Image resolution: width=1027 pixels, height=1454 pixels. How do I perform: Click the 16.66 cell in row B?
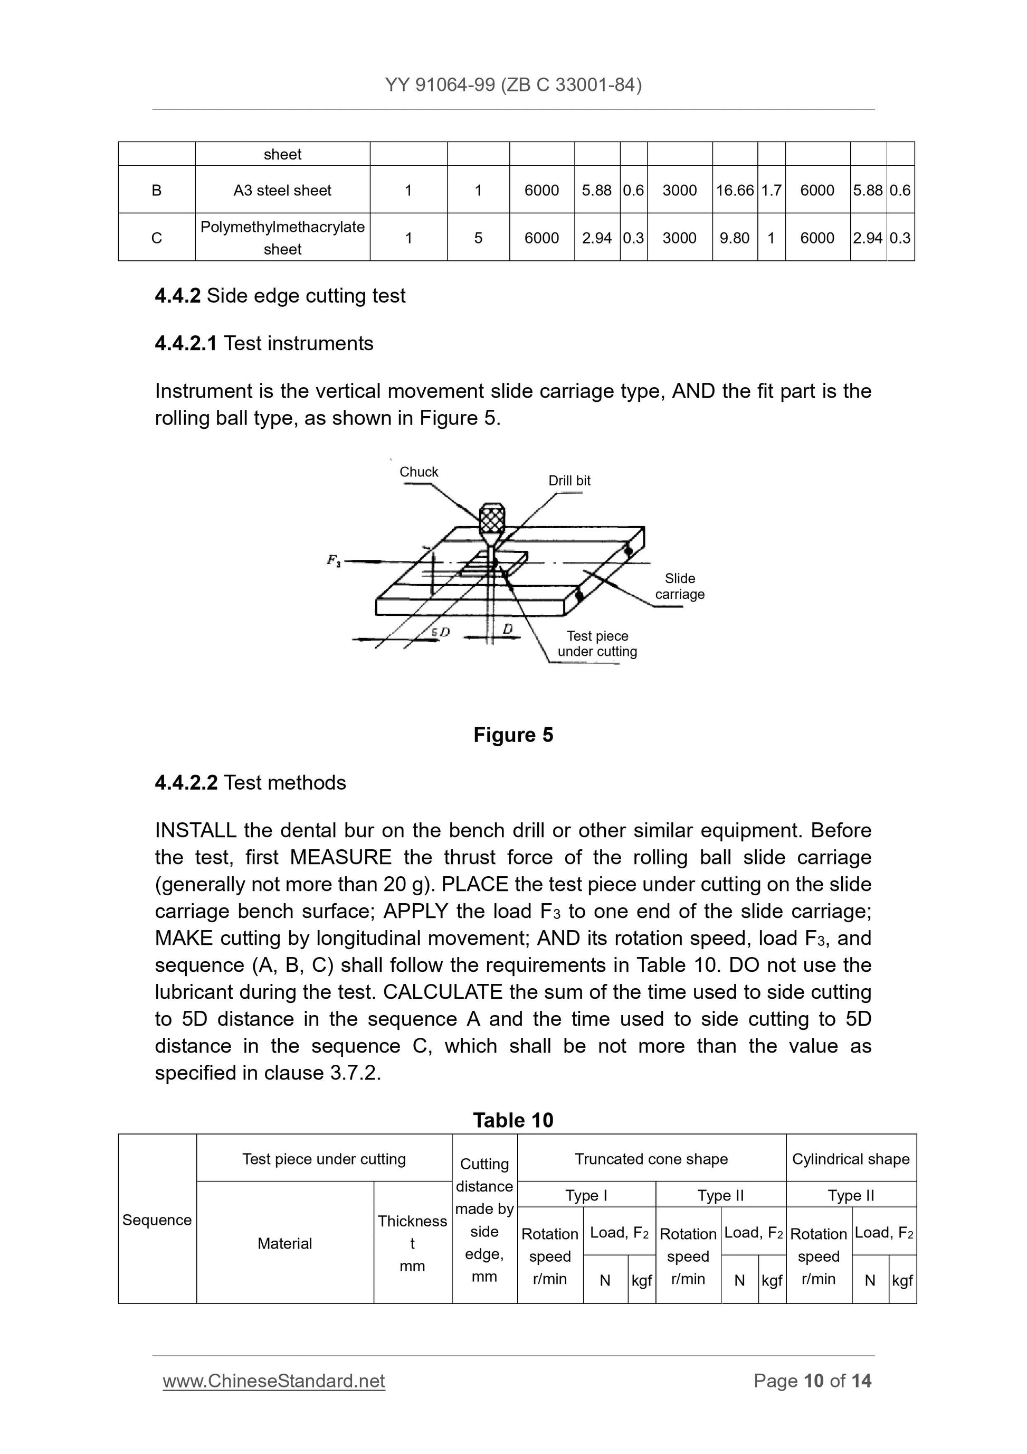click(x=734, y=190)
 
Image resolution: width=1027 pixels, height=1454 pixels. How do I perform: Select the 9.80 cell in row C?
click(x=734, y=238)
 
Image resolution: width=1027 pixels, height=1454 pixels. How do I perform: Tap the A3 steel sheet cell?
click(x=282, y=190)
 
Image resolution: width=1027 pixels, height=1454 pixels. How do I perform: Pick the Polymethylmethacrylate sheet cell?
click(x=282, y=238)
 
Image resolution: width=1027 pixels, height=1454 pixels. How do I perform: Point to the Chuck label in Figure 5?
click(x=419, y=472)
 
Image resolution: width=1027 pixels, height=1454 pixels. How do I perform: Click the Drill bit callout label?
click(x=569, y=481)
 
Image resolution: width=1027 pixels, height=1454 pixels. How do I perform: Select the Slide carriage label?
click(x=680, y=586)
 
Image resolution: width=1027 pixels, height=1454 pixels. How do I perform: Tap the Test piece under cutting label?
click(x=597, y=643)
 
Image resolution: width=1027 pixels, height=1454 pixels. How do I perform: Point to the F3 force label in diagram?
click(x=334, y=560)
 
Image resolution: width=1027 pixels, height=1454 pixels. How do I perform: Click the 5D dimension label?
click(x=441, y=632)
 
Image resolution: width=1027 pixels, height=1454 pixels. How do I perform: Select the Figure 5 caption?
click(x=513, y=735)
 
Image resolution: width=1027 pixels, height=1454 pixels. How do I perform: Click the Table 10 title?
click(x=513, y=1120)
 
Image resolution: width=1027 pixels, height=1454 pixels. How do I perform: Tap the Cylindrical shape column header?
click(x=850, y=1159)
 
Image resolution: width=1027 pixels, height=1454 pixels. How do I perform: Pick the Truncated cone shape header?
click(x=651, y=1159)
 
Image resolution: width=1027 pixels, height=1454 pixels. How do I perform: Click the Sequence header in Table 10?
click(x=157, y=1220)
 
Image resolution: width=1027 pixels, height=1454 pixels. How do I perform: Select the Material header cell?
click(x=285, y=1244)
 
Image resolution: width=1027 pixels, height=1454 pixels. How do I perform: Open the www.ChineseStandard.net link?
click(x=274, y=1381)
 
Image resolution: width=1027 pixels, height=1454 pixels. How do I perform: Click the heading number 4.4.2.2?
click(x=186, y=783)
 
